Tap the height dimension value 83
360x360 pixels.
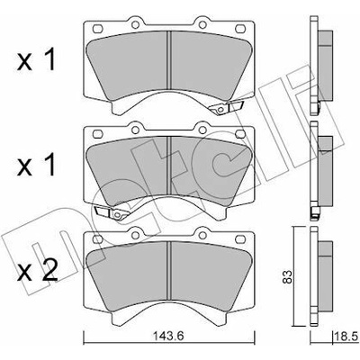pyautogui.click(x=287, y=277)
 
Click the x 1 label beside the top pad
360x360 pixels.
pyautogui.click(x=36, y=60)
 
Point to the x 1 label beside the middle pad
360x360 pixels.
pyautogui.click(x=36, y=166)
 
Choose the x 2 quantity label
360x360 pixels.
pyautogui.click(x=37, y=271)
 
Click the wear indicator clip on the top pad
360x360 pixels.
pyautogui.click(x=226, y=107)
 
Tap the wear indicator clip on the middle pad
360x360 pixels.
pyautogui.click(x=112, y=212)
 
